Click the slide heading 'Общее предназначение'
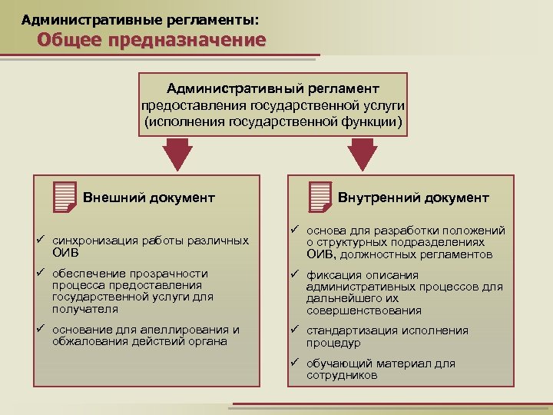[151, 40]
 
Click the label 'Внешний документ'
[148, 198]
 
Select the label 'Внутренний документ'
[413, 198]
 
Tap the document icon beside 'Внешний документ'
[66, 197]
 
